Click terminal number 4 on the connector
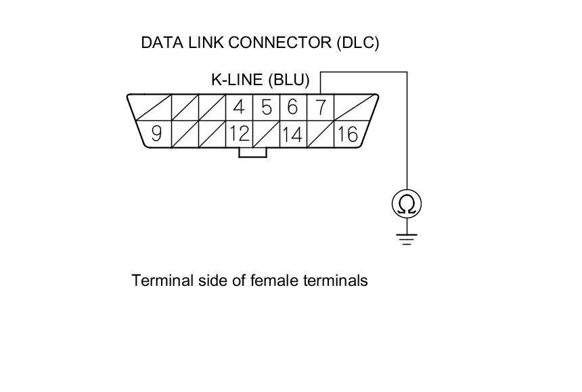coord(238,107)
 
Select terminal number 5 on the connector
coord(266,107)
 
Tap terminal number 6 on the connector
coord(292,107)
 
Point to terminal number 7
coord(320,107)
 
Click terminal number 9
coord(156,134)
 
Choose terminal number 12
coord(238,134)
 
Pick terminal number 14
coord(292,134)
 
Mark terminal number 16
coord(346,134)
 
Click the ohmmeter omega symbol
coord(407,204)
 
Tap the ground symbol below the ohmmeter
coord(407,238)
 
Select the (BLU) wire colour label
coord(289,80)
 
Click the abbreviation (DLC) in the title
coord(357,43)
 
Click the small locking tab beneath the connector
coord(252,153)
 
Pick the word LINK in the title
coord(206,43)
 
